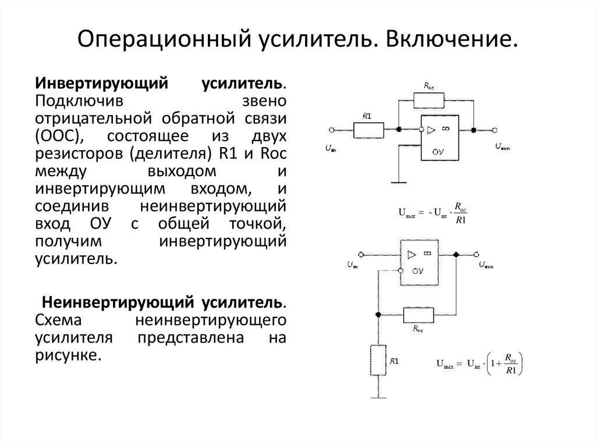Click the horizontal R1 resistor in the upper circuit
368,130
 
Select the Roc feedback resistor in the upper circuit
429,101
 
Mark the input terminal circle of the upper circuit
331,130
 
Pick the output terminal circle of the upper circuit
494,130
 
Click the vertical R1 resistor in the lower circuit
378,359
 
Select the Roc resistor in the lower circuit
418,315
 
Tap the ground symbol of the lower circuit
378,397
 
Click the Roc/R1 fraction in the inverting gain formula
461,213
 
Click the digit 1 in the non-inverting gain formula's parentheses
494,365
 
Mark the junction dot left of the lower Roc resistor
378,315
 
